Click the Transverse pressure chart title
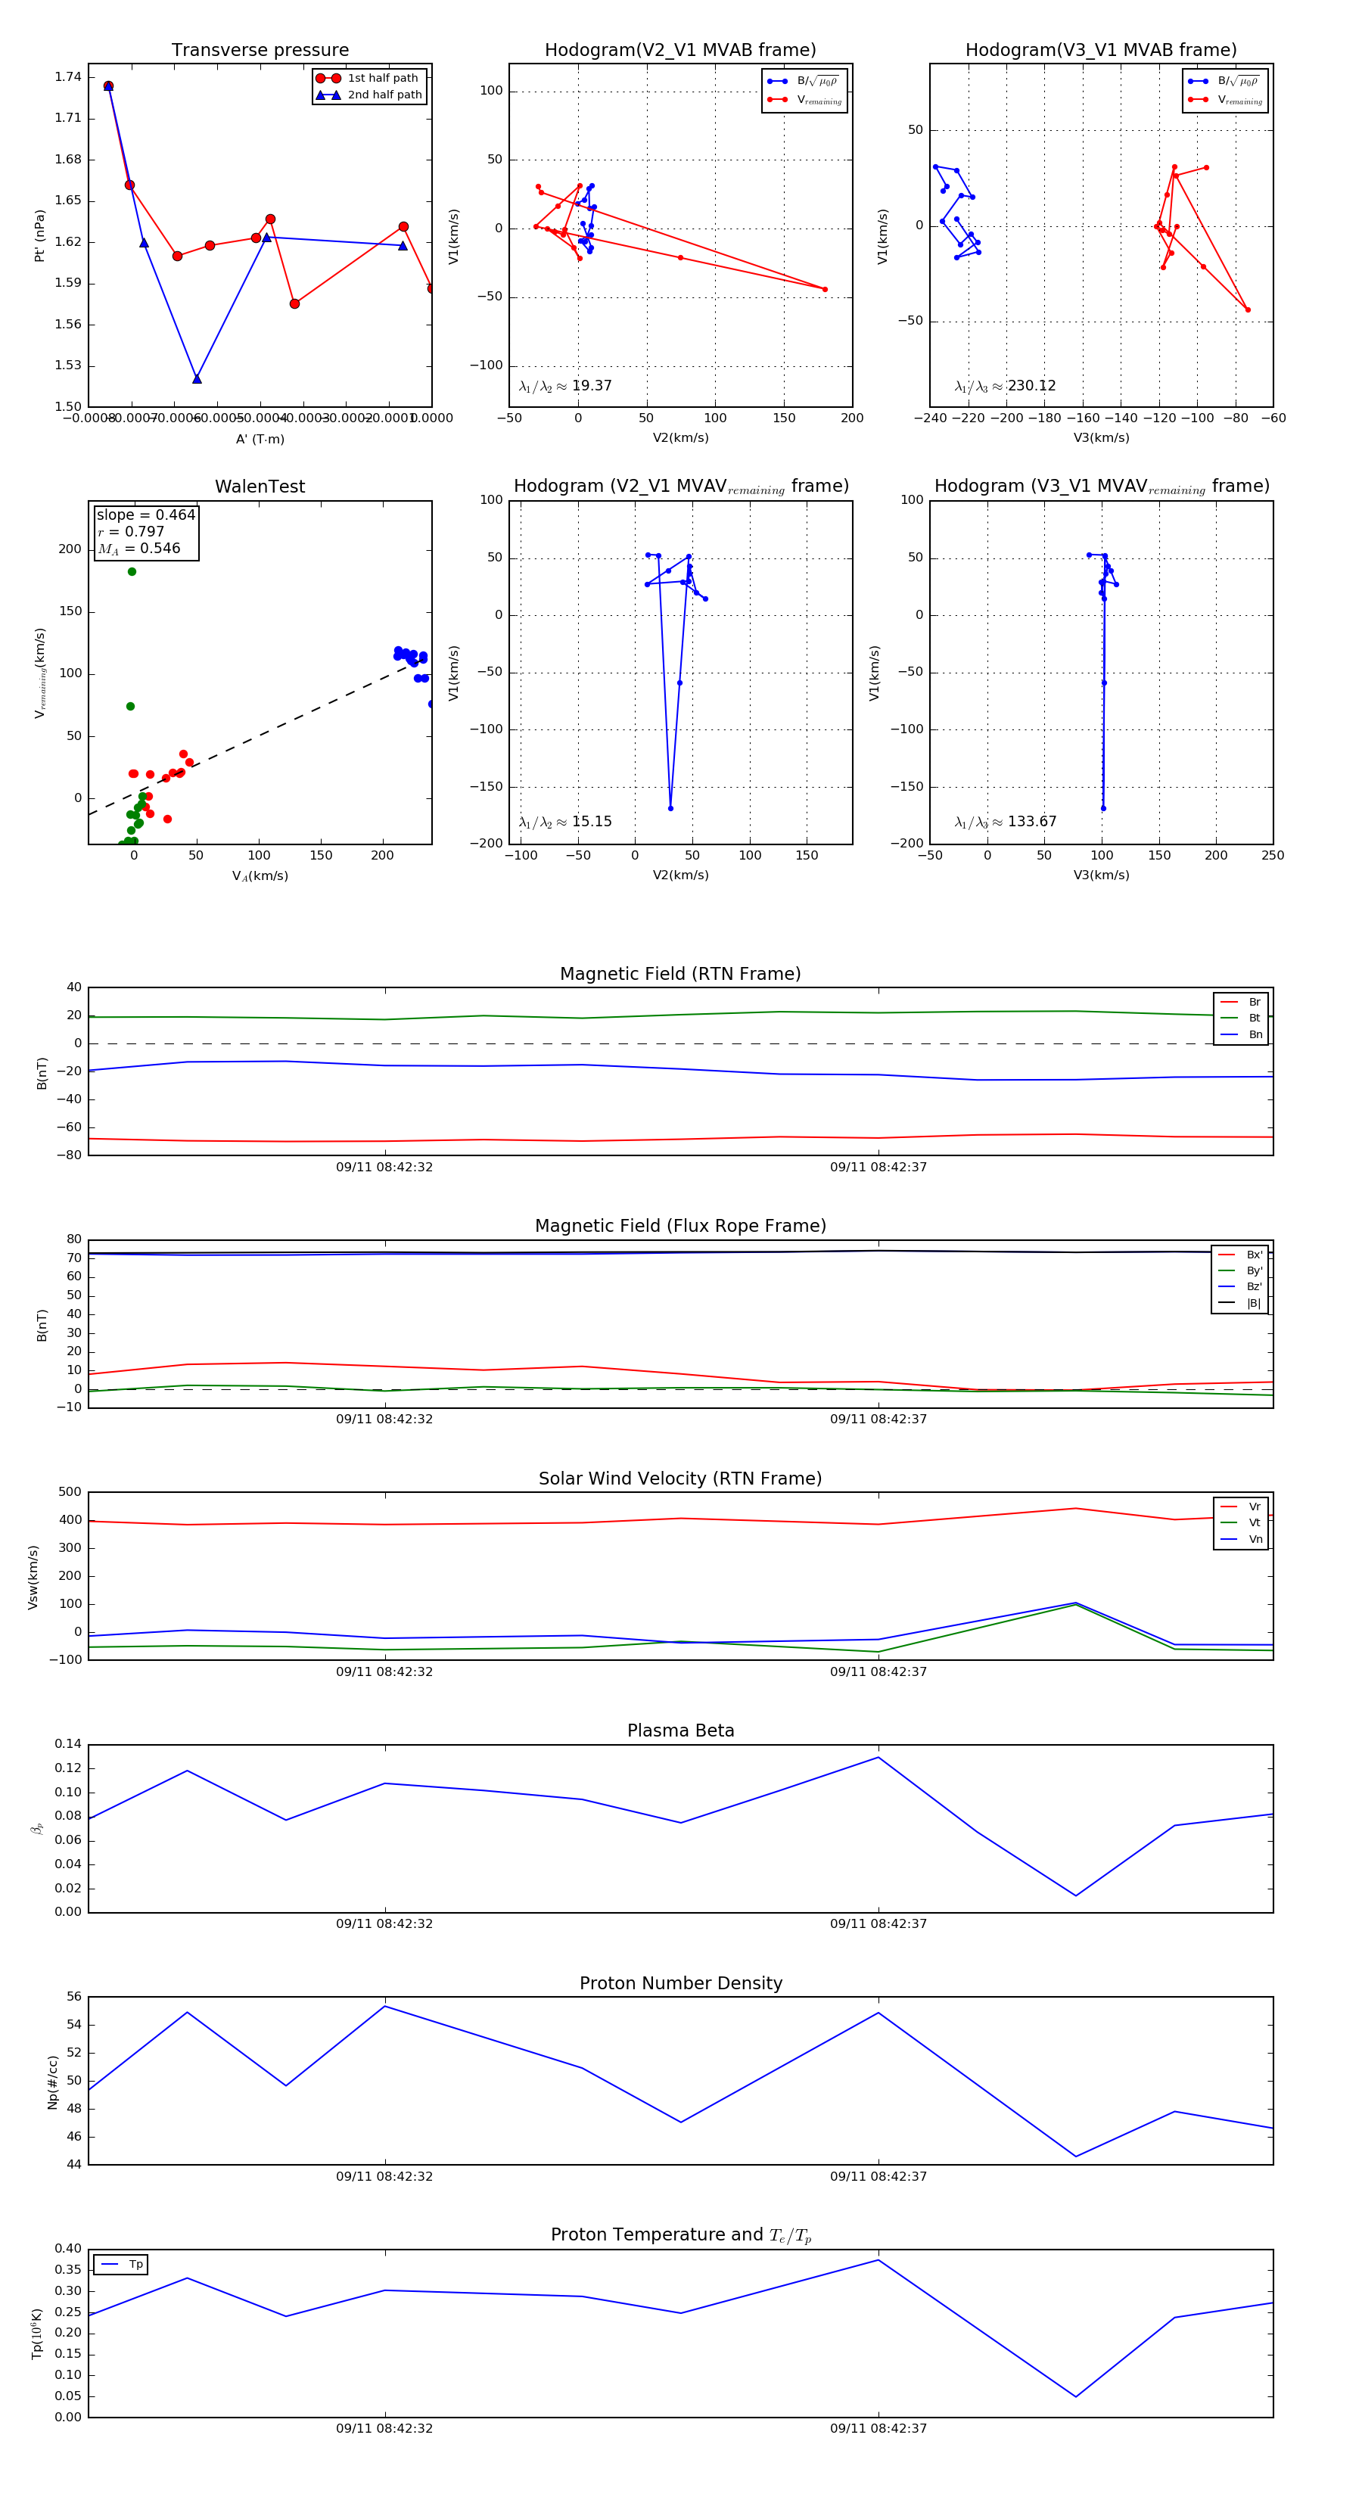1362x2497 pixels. pos(260,51)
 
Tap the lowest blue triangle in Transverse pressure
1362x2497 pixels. pos(197,379)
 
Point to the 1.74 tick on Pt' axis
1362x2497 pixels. pos(68,77)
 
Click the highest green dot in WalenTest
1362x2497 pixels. pos(132,572)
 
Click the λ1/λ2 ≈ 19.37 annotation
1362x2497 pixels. pos(565,386)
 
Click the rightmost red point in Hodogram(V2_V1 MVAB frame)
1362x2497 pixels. pos(825,289)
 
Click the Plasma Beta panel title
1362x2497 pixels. pos(680,1730)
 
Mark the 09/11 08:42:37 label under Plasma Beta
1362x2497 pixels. pos(878,1923)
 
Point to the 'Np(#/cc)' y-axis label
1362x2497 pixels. pos(53,2082)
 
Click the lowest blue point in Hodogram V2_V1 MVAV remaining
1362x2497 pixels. pos(670,808)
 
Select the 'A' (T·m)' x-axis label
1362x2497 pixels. pos(260,439)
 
